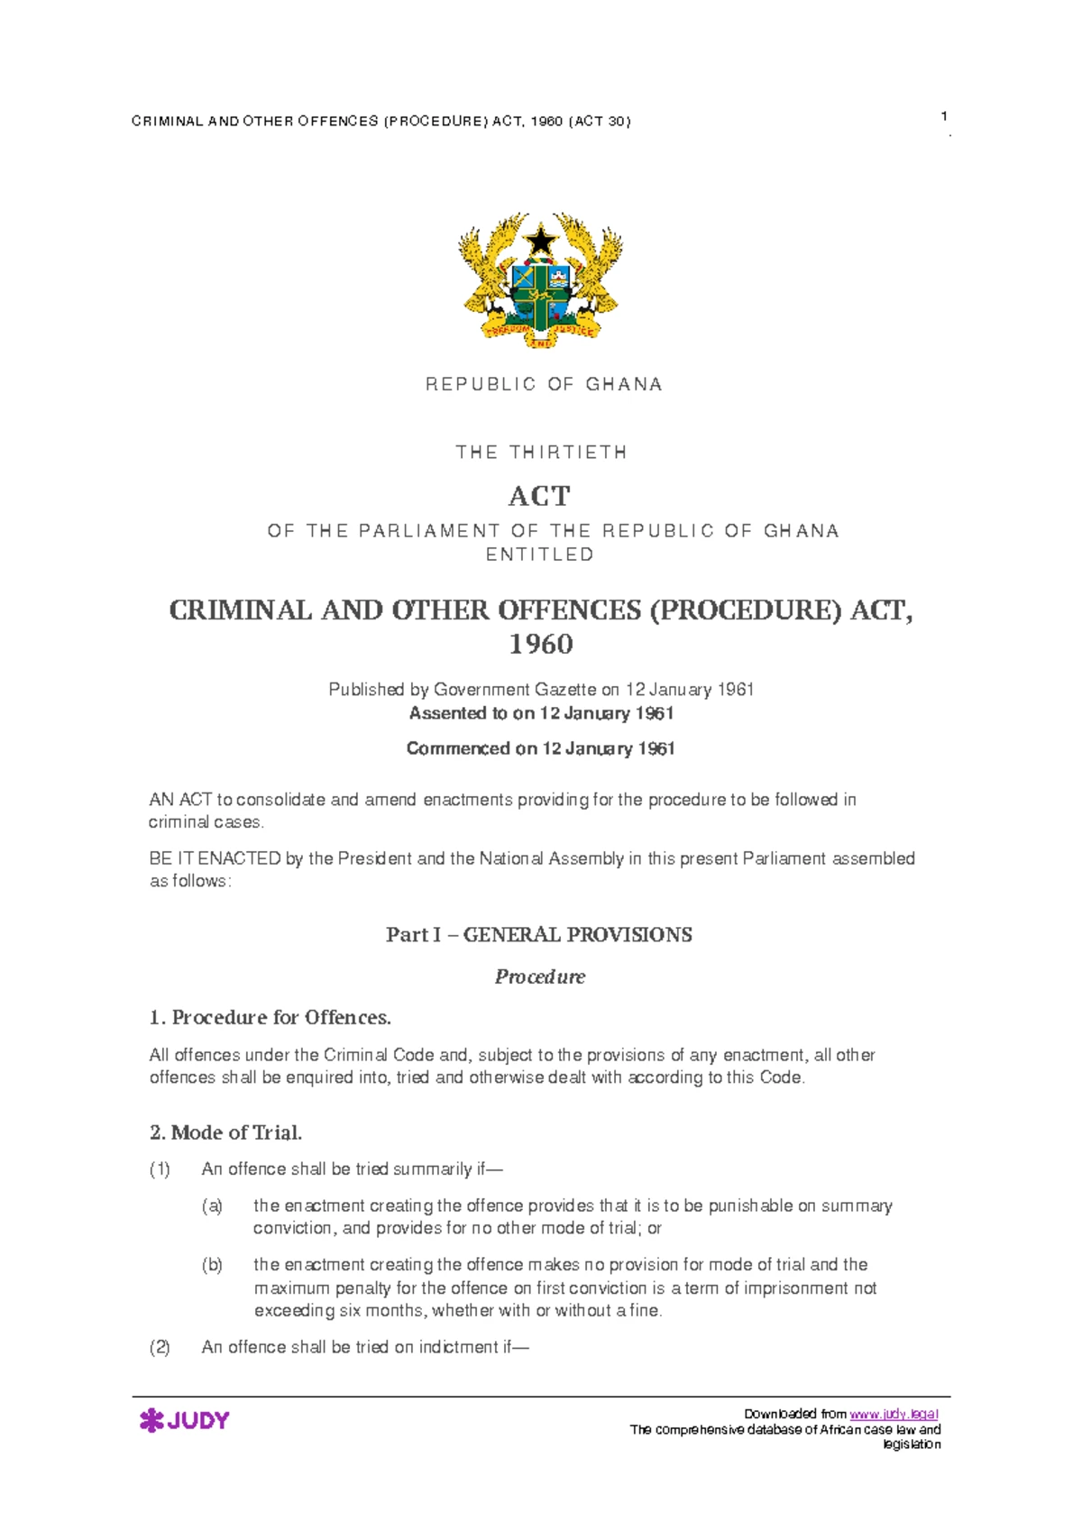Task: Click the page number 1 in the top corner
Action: [x=943, y=115]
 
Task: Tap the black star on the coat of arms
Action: [x=541, y=241]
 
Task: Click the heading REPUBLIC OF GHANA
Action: [x=544, y=384]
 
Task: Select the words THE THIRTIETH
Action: [x=541, y=452]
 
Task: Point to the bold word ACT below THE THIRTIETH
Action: [x=540, y=496]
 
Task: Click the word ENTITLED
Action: [x=540, y=555]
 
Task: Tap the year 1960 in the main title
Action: [x=541, y=644]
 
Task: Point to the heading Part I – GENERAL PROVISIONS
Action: [x=539, y=934]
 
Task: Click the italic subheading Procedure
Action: [x=540, y=976]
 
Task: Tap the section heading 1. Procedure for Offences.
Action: [x=270, y=1017]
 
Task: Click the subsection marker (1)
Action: [x=160, y=1169]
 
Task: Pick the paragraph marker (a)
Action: [x=212, y=1206]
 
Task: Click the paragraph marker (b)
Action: [x=212, y=1265]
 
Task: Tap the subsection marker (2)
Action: [x=160, y=1347]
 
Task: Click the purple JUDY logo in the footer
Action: [x=185, y=1420]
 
